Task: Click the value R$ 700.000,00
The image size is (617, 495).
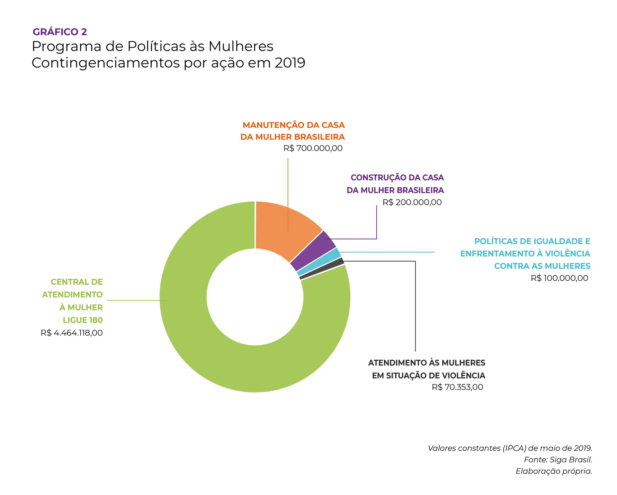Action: click(x=313, y=148)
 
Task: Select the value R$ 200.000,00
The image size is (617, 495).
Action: click(x=412, y=202)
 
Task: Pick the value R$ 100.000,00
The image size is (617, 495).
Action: click(x=559, y=278)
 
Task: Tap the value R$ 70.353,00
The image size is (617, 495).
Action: click(x=457, y=387)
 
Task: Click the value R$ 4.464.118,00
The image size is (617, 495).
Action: click(x=72, y=333)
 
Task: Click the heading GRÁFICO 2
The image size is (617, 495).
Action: click(x=60, y=32)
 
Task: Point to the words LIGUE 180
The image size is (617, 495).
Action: click(x=83, y=320)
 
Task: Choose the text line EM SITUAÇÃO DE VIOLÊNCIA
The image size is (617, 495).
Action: click(x=428, y=375)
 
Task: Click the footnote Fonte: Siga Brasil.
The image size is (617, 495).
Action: click(x=558, y=460)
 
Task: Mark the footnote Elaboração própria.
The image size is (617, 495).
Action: click(x=554, y=471)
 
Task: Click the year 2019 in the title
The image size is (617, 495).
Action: click(x=290, y=63)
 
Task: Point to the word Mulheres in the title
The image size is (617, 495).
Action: click(x=241, y=46)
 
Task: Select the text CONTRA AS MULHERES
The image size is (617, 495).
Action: click(x=542, y=266)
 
